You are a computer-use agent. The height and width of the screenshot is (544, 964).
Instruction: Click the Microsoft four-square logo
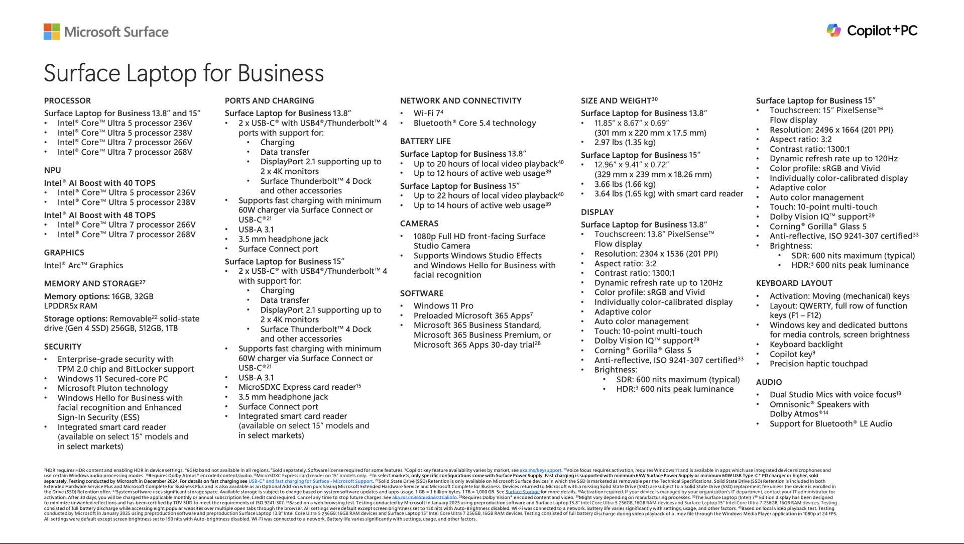(x=52, y=32)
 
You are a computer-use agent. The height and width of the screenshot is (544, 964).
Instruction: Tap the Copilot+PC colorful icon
(x=833, y=31)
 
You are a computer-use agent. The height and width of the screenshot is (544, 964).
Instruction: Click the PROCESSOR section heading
(x=67, y=100)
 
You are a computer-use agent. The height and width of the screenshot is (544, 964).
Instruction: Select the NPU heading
(x=52, y=170)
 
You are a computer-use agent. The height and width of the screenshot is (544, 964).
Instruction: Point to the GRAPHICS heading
(x=64, y=253)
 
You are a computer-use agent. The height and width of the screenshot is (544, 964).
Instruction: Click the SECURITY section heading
(x=62, y=347)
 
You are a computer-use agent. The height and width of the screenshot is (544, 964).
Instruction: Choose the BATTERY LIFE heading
(x=425, y=141)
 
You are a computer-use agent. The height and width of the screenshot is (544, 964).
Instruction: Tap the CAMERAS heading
(x=419, y=224)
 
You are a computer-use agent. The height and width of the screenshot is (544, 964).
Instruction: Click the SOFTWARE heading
(x=421, y=293)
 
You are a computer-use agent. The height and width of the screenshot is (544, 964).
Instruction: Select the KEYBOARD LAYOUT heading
(x=794, y=283)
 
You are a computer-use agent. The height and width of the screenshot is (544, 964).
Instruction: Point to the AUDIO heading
(x=769, y=382)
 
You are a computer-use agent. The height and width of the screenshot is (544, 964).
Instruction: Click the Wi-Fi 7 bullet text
(x=428, y=114)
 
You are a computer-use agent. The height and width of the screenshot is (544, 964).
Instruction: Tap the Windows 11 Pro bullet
(x=443, y=306)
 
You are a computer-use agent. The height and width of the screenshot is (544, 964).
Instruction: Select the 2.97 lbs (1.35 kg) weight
(x=625, y=143)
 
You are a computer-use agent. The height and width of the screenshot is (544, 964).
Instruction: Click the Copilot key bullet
(x=792, y=354)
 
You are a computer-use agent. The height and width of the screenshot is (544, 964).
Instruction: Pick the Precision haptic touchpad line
(x=818, y=364)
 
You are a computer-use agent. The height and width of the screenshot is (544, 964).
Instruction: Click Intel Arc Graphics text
(x=83, y=266)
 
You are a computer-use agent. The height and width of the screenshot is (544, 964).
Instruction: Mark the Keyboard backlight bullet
(x=806, y=345)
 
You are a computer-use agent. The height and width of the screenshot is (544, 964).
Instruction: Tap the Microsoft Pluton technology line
(x=112, y=388)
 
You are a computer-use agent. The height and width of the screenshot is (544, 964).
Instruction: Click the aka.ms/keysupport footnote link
(x=540, y=471)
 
